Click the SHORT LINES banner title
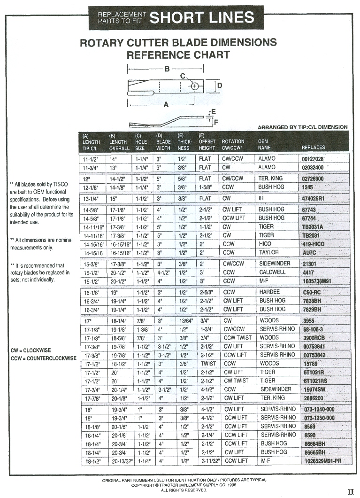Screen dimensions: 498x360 click(x=202, y=18)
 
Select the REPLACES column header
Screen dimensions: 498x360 click(x=313, y=148)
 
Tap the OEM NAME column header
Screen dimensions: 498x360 click(x=263, y=144)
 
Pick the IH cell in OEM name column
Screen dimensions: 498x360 click(x=262, y=198)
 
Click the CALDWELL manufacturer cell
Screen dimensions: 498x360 click(x=272, y=272)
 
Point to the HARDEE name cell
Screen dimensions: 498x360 click(x=269, y=292)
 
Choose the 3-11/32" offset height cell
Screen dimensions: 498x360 click(x=210, y=461)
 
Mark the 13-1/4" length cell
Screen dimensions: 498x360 click(x=92, y=199)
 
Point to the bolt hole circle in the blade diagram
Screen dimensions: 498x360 click(x=195, y=86)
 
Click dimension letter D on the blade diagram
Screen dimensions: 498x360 click(x=219, y=86)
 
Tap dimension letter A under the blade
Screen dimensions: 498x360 click(x=166, y=105)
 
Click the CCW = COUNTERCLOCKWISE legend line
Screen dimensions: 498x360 click(x=43, y=358)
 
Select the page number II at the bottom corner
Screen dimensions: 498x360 click(x=350, y=492)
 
